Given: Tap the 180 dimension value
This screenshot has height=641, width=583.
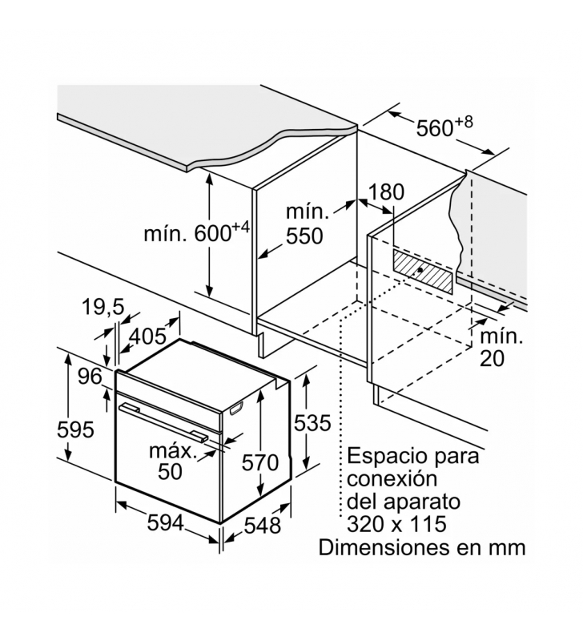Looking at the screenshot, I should [x=387, y=192].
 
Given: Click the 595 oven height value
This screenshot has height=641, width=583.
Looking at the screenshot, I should [x=76, y=429].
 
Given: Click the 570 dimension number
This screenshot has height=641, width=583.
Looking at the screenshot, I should [x=261, y=462].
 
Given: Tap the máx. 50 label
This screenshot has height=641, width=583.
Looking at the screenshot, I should [x=172, y=461].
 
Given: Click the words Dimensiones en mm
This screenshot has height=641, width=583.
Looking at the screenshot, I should [x=423, y=548].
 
